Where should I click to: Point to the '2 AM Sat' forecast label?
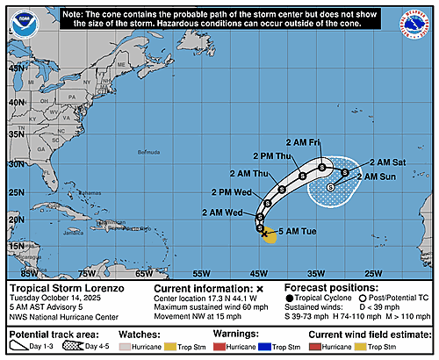386,162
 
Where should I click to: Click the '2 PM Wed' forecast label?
232,191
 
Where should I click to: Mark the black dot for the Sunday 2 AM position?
330,186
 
